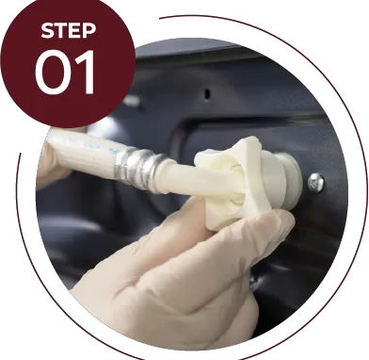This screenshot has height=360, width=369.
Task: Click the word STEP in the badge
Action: (69, 30)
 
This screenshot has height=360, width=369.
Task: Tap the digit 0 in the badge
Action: (51, 73)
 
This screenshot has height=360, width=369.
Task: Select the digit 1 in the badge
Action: (85, 73)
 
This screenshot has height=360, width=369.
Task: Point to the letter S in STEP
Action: (47, 30)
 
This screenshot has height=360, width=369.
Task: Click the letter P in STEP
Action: (89, 30)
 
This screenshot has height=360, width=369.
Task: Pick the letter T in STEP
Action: (61, 30)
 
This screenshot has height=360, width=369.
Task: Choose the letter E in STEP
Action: (75, 30)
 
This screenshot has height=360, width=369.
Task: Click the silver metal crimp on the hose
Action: (140, 169)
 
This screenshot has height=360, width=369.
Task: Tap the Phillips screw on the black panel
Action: (316, 182)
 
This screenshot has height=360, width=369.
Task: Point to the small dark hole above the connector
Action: (207, 93)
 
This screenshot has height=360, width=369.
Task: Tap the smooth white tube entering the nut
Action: (195, 182)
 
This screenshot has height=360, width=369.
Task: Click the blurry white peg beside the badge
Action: (132, 101)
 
